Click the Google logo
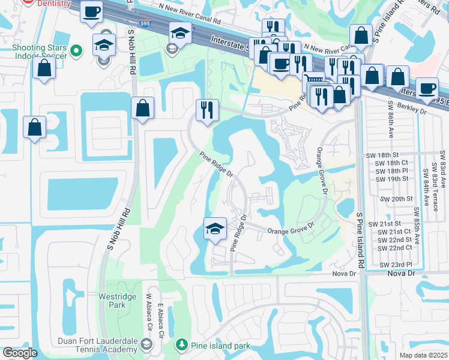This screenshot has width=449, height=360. pos(20,353)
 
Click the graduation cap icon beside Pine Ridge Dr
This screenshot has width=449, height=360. pos(215,229)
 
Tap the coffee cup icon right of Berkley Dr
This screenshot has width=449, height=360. pos(427,88)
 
